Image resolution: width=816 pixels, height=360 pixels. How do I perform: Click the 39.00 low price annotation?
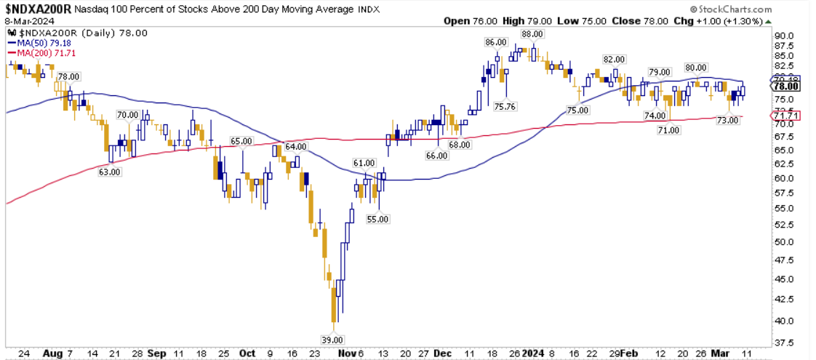tap(333, 340)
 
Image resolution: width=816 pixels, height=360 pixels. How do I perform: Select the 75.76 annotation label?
tap(505, 106)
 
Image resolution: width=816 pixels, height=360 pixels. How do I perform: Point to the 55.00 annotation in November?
tap(378, 219)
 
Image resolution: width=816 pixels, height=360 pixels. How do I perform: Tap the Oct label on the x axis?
tap(247, 352)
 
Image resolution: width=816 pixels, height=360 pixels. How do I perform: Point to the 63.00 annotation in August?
tap(111, 172)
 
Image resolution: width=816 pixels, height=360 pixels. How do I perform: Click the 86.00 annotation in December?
tap(495, 41)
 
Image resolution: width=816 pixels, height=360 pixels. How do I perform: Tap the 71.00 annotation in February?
tap(669, 129)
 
